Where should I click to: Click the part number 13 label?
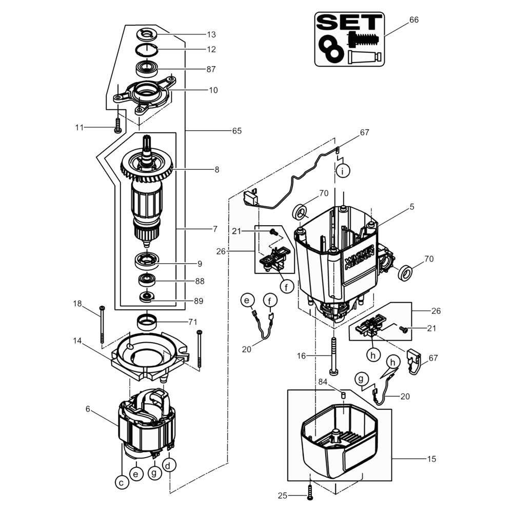(x=211, y=34)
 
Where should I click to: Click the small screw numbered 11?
(x=117, y=125)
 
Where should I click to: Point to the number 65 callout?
(x=237, y=131)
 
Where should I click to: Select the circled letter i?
(x=343, y=170)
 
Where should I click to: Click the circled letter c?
(x=122, y=483)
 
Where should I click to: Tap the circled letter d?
(x=168, y=465)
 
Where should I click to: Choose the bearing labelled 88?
(x=147, y=279)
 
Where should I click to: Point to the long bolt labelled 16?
(x=334, y=356)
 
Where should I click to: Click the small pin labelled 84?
(x=344, y=394)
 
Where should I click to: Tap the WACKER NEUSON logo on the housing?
(x=359, y=258)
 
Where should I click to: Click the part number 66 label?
(x=414, y=19)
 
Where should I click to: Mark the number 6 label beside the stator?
(x=88, y=409)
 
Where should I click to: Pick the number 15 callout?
(x=431, y=459)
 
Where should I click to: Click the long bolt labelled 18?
(x=102, y=325)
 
